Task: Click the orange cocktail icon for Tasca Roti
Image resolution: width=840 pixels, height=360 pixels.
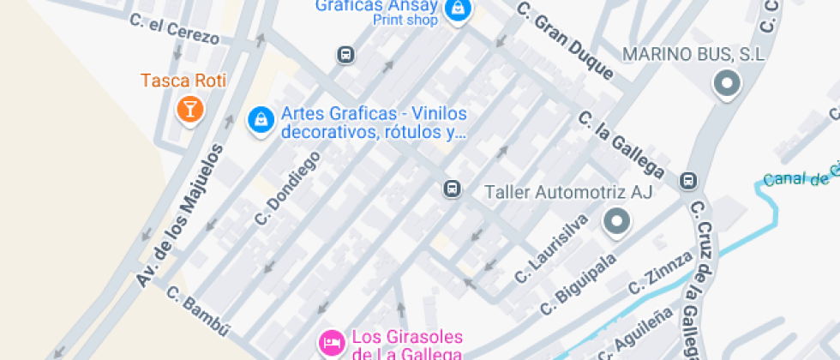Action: (x=189, y=109)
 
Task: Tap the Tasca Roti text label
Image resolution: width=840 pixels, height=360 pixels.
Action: (x=183, y=81)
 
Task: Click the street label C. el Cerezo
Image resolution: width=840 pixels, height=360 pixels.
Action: (x=175, y=29)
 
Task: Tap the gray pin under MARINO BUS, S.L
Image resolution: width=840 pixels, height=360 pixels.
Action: (x=727, y=84)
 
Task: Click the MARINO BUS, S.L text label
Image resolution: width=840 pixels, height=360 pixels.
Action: (x=693, y=55)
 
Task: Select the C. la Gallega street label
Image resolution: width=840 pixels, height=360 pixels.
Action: (x=621, y=141)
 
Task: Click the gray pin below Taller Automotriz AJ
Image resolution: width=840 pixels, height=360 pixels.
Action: (x=616, y=222)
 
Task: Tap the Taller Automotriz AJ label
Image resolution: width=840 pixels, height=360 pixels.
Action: (x=569, y=192)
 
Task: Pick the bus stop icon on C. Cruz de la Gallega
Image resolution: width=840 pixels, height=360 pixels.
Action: (x=688, y=181)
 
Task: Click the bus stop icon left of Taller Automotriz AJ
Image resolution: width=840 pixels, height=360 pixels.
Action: (x=452, y=189)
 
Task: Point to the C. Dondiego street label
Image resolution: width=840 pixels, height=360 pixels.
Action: (x=287, y=189)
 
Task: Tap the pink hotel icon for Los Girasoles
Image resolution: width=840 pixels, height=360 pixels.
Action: (x=330, y=344)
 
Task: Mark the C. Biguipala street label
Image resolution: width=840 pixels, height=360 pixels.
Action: (x=579, y=284)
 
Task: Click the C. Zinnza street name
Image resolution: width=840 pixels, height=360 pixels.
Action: (x=660, y=272)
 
